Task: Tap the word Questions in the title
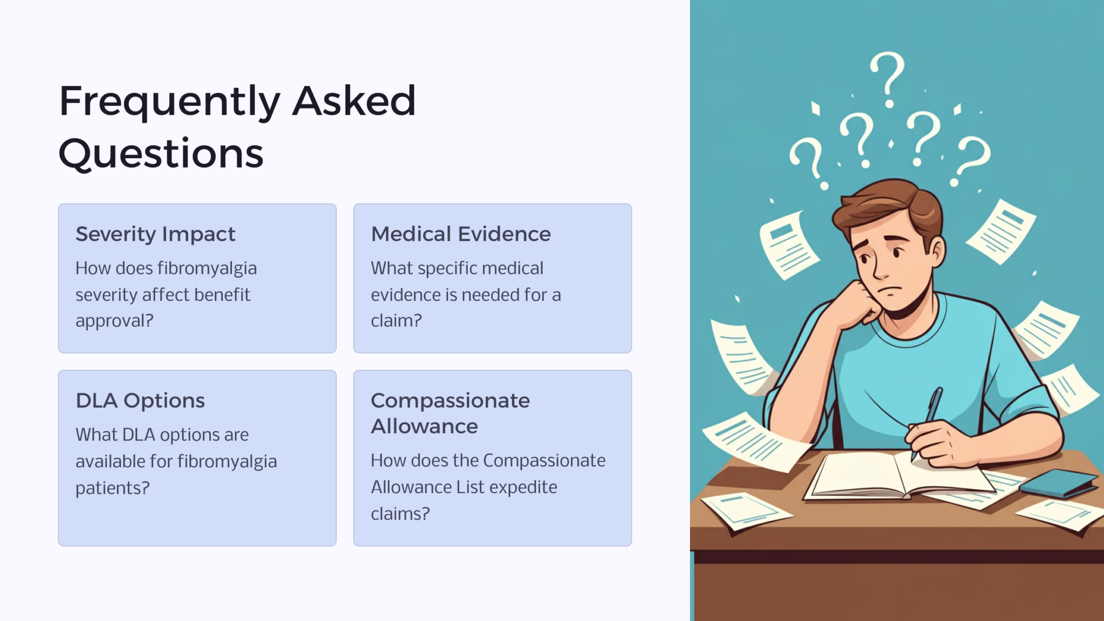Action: tap(161, 154)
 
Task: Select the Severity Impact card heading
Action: tap(155, 234)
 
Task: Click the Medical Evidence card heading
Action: tap(461, 234)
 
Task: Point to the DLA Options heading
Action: tap(140, 401)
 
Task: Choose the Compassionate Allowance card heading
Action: tap(450, 413)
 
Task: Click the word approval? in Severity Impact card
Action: tap(114, 321)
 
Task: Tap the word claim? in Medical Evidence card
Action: tap(396, 321)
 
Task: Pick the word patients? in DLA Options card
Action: tap(112, 488)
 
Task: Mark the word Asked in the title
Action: tap(354, 101)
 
